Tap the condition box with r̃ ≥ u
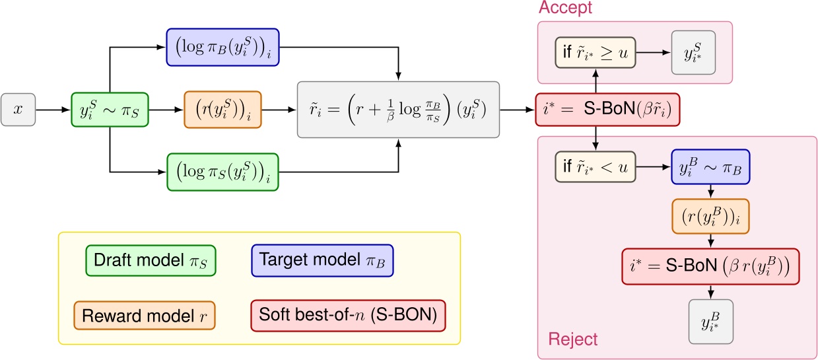[x=594, y=52]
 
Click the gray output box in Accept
[x=693, y=52]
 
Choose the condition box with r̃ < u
[x=594, y=168]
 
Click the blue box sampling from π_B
[x=710, y=168]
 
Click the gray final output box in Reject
[x=710, y=322]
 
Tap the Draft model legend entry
[x=152, y=260]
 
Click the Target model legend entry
[x=325, y=260]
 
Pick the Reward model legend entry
[x=145, y=314]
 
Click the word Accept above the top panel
[x=566, y=9]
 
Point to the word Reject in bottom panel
[x=573, y=340]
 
